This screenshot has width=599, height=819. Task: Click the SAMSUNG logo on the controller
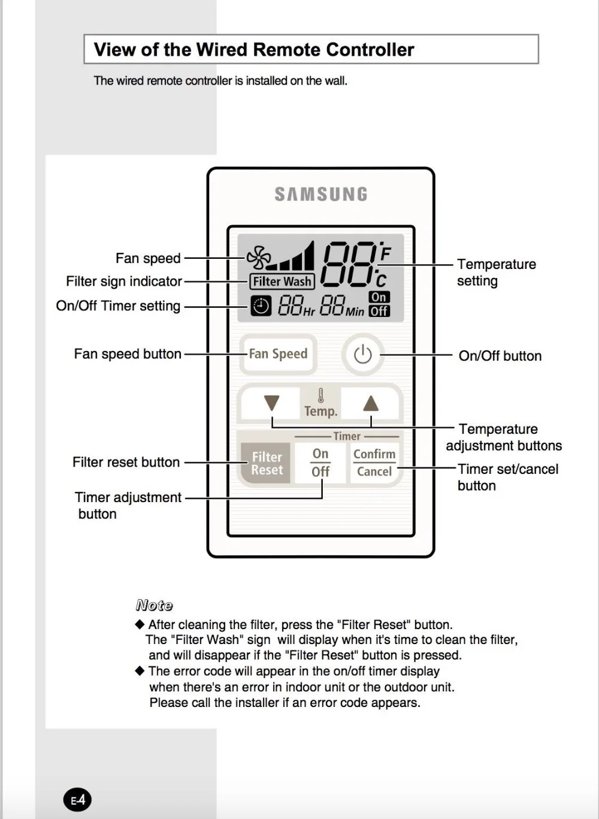pos(321,194)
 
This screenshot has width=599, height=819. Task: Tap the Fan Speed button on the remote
pos(278,354)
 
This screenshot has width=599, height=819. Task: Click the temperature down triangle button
pos(272,403)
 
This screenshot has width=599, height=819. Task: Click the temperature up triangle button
pos(371,403)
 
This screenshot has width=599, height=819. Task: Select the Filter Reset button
pos(266,463)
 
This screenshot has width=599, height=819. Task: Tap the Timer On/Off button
pos(320,463)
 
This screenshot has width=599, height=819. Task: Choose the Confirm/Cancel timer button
pos(374,463)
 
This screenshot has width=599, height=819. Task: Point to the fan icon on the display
pos(258,257)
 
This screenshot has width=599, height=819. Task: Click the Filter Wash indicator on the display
pos(282,281)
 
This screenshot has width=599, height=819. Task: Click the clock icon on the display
pos(261,306)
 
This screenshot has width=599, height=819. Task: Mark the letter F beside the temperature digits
pos(385,253)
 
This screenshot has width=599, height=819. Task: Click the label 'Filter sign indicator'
pos(124,281)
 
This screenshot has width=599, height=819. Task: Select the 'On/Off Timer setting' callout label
pos(118,306)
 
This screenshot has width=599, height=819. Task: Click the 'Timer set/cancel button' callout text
pos(507,477)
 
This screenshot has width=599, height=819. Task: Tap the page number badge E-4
pos(78,800)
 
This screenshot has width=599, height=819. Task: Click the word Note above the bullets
pos(154,605)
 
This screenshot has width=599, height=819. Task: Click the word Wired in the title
pos(228,50)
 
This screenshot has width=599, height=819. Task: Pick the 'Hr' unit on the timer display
pos(309,312)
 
